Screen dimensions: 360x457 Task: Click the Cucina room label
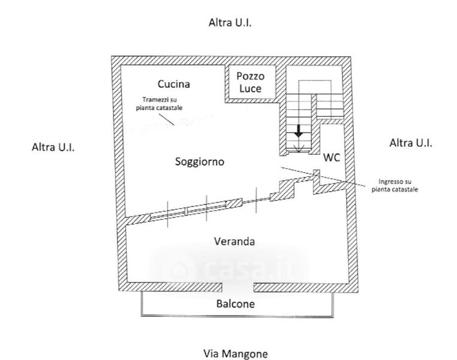pyautogui.click(x=174, y=84)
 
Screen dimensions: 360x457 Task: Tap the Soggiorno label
pyautogui.click(x=200, y=161)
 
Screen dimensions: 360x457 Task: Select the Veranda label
pyautogui.click(x=234, y=242)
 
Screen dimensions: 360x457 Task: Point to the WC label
pyautogui.click(x=332, y=158)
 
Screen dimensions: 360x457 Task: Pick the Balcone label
pyautogui.click(x=235, y=304)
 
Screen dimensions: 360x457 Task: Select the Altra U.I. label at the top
pyautogui.click(x=230, y=23)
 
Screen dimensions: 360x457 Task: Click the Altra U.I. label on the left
pyautogui.click(x=53, y=147)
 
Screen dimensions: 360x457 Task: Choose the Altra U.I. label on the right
pyautogui.click(x=411, y=143)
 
